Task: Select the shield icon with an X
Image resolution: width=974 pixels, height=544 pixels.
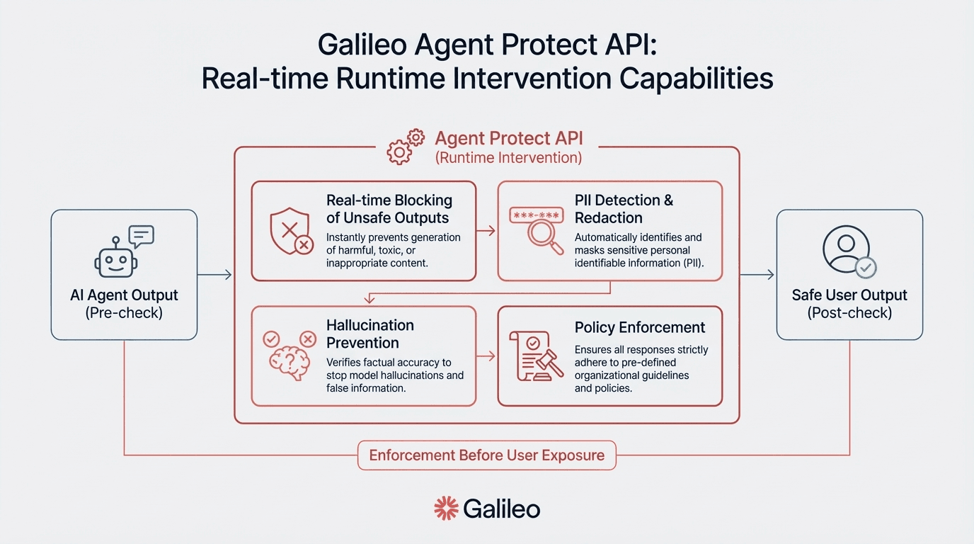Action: (290, 231)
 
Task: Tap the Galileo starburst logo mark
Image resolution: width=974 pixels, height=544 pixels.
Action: (446, 508)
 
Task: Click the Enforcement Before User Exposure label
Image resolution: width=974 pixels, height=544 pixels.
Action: (487, 455)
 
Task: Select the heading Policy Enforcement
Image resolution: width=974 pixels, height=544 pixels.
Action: (639, 327)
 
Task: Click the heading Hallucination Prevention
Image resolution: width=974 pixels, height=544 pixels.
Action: (369, 334)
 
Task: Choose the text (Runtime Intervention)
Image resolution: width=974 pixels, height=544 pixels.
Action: (508, 157)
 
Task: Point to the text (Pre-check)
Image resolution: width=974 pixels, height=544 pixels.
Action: (124, 312)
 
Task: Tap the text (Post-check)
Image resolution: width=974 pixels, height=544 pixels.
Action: (849, 312)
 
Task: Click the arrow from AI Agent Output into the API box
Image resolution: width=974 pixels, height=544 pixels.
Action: (215, 275)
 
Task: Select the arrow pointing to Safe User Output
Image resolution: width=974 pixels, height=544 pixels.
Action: (757, 275)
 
